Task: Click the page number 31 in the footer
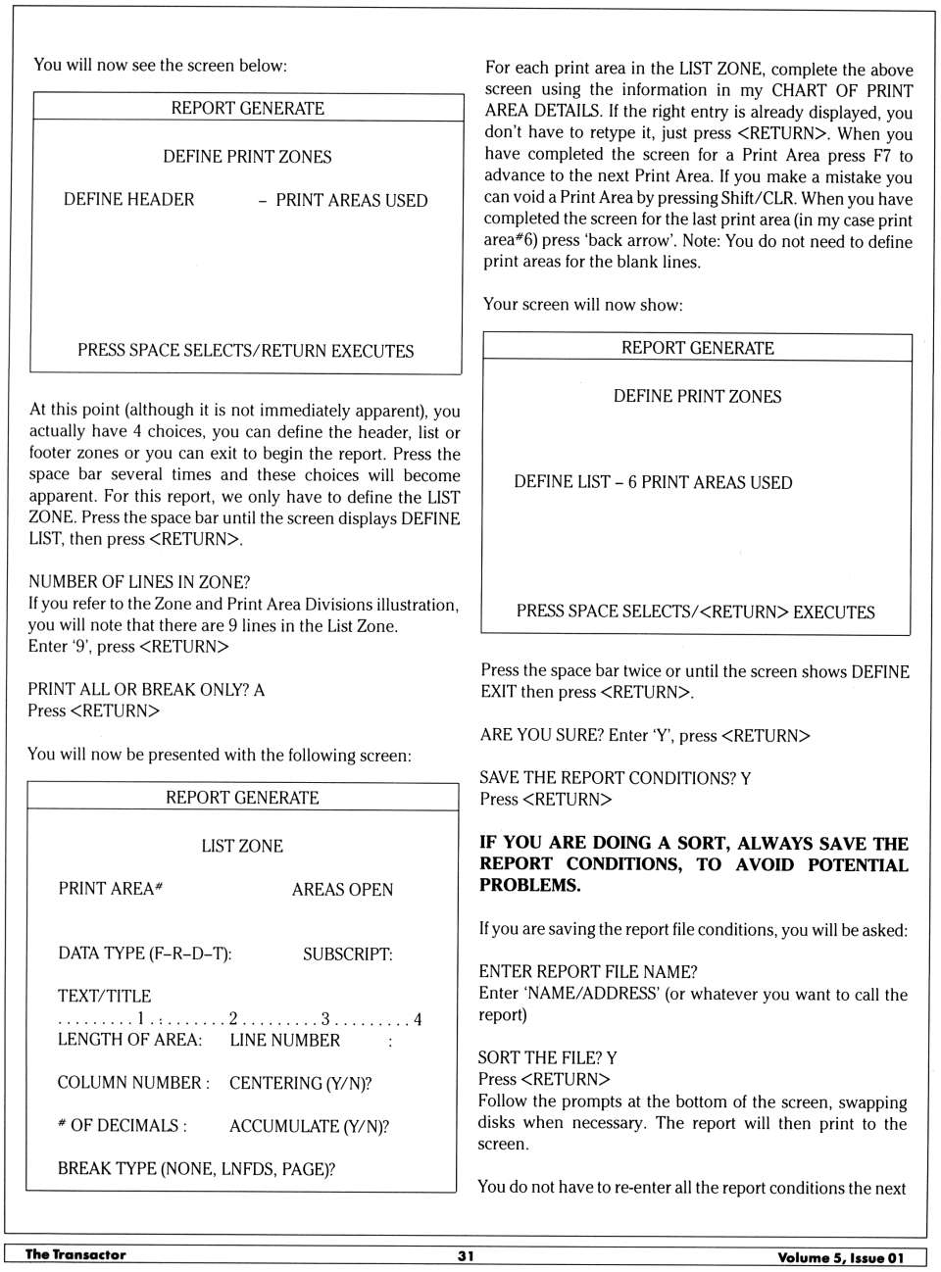(x=466, y=1255)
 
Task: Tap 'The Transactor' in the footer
(x=75, y=1254)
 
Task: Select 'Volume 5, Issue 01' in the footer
(x=840, y=1257)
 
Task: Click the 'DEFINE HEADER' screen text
(x=128, y=200)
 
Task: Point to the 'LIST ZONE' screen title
(x=242, y=846)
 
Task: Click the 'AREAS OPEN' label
(x=342, y=890)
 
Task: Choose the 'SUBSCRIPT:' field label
(x=347, y=954)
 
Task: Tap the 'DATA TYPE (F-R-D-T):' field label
(x=145, y=954)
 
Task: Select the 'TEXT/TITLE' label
(x=104, y=997)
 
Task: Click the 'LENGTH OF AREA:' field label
(x=129, y=1040)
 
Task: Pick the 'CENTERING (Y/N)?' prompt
(x=300, y=1083)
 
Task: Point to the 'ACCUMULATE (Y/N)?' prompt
(x=309, y=1126)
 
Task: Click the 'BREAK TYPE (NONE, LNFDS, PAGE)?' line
(x=196, y=1169)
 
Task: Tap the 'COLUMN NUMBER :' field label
(x=133, y=1083)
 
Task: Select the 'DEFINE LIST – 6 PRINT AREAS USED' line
(x=653, y=482)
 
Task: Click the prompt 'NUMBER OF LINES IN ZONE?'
(x=139, y=582)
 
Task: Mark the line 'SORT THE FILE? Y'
(x=547, y=1058)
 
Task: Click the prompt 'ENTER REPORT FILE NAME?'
(x=588, y=972)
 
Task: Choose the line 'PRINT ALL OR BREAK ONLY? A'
(x=146, y=690)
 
